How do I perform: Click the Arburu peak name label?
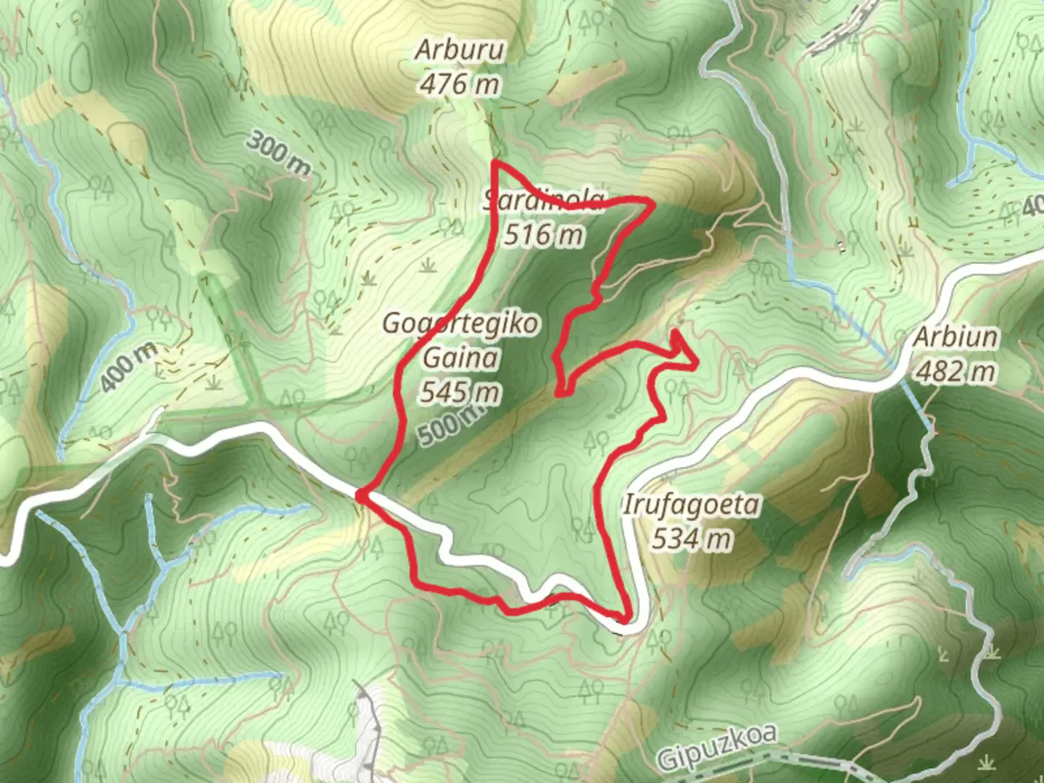(x=460, y=50)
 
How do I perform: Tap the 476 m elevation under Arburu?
(x=460, y=85)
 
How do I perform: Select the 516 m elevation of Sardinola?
(x=544, y=234)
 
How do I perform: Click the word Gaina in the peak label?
(x=461, y=357)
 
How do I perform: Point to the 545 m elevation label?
(x=460, y=392)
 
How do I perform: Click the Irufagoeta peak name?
(x=692, y=505)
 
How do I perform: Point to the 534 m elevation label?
(x=692, y=539)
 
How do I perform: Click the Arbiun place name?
(x=956, y=337)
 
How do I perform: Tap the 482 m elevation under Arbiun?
(x=956, y=372)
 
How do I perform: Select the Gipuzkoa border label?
(x=716, y=747)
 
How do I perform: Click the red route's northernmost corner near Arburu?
(x=495, y=162)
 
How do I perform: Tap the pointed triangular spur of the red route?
(x=695, y=362)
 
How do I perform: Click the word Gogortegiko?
(x=461, y=323)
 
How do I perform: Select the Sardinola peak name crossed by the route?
(x=544, y=200)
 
